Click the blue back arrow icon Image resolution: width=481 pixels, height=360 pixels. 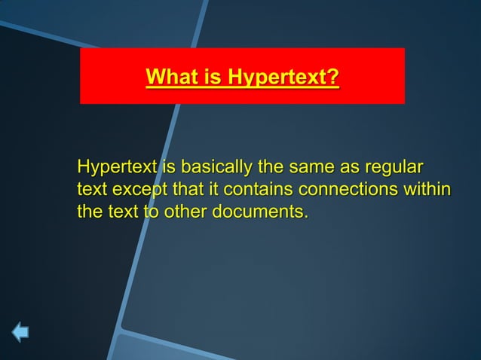(20, 331)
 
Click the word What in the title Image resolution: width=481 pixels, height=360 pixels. (170, 77)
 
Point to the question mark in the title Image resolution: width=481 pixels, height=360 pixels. (334, 77)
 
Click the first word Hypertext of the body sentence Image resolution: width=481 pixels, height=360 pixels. (115, 166)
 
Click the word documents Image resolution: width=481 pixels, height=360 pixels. (261, 211)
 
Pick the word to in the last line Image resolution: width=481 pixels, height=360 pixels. (150, 211)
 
